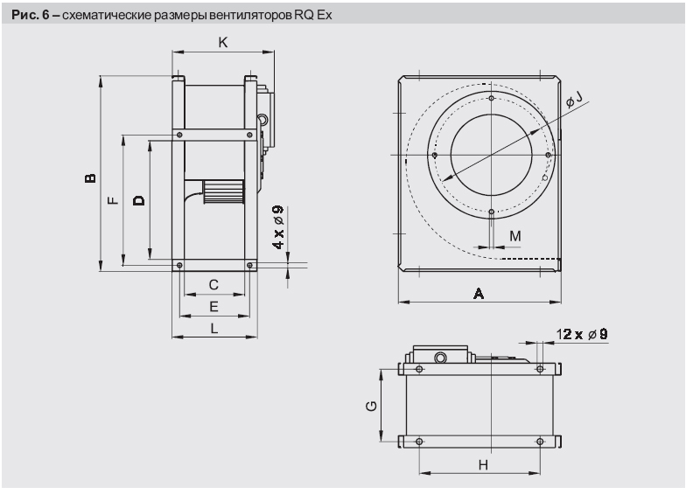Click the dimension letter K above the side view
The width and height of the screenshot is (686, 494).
[222, 41]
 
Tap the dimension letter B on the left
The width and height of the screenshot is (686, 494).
[89, 177]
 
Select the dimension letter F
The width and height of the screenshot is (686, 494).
[112, 201]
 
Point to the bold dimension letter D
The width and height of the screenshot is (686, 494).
[138, 200]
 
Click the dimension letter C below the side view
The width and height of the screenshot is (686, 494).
[213, 284]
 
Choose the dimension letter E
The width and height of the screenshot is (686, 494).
[213, 306]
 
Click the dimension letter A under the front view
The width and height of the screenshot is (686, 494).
[479, 295]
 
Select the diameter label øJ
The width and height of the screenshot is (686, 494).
[574, 104]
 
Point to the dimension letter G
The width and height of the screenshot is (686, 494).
[372, 405]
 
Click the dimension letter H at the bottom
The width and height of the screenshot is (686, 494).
[482, 465]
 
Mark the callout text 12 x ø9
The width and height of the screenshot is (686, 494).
[582, 332]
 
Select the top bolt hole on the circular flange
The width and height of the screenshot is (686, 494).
[492, 99]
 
